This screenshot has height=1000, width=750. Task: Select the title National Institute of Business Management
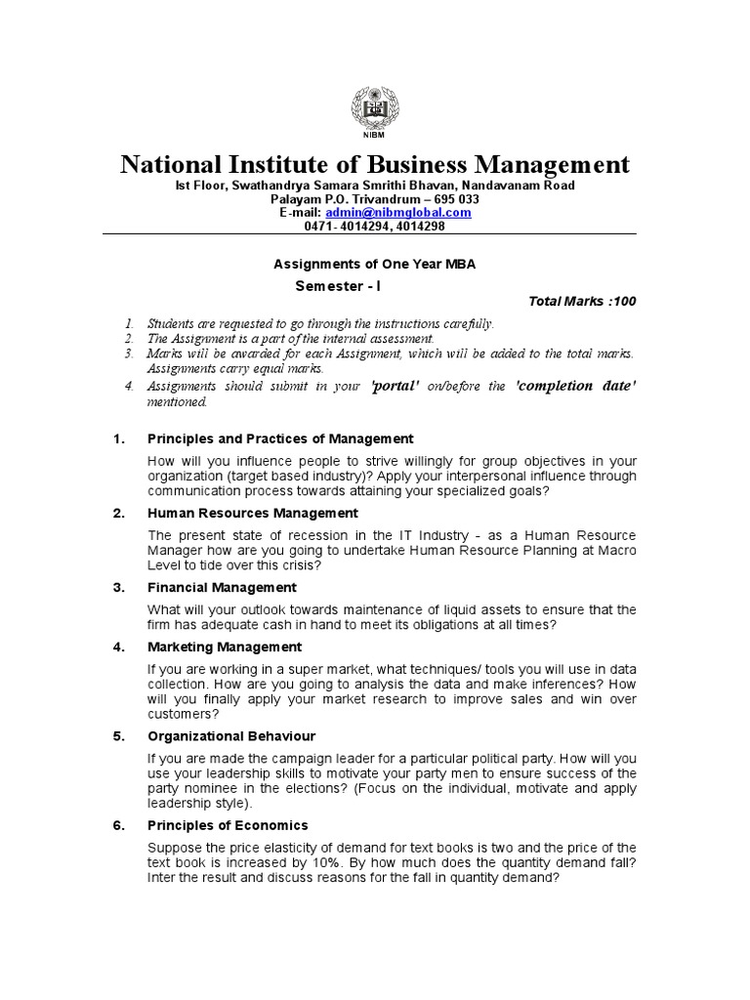[x=375, y=163]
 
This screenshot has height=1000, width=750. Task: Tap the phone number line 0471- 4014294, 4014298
[x=375, y=226]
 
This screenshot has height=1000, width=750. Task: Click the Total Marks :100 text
[x=582, y=302]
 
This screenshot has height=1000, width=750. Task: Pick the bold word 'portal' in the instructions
[x=396, y=386]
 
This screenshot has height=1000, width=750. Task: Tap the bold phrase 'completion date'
[x=575, y=386]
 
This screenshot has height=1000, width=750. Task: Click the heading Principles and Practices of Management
[x=279, y=438]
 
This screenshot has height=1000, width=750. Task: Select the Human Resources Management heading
[x=252, y=513]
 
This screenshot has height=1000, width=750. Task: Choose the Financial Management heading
[x=222, y=587]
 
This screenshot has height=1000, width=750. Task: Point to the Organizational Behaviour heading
[x=230, y=735]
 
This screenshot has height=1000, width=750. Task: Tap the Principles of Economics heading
[x=228, y=825]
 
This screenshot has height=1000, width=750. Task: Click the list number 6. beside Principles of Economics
[x=118, y=825]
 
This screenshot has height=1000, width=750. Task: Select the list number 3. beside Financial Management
[x=118, y=587]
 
